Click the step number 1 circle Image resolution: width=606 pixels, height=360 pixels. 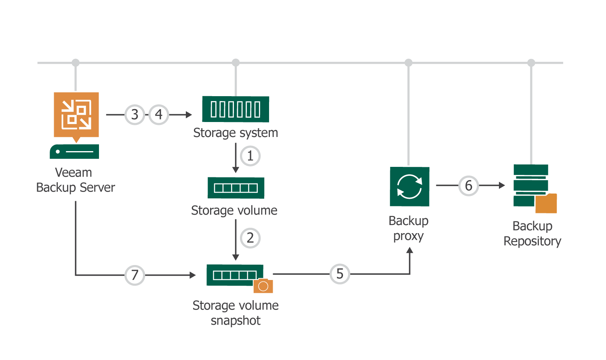250,156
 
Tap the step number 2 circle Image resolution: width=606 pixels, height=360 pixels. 250,238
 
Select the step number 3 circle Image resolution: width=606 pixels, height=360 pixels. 135,115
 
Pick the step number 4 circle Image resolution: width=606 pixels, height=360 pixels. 159,115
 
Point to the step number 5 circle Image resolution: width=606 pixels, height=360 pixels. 340,274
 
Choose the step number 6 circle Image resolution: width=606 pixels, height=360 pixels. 468,185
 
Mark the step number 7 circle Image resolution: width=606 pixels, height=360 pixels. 135,275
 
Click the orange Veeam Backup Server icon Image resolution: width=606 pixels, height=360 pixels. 76,115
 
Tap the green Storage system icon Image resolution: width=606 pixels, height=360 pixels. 236,109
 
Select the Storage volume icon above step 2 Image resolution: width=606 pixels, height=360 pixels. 236,188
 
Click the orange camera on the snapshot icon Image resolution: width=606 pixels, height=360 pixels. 263,286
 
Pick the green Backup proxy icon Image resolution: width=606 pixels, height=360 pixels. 409,187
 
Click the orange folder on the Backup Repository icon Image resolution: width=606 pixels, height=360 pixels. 546,204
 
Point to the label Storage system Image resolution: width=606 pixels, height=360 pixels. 236,133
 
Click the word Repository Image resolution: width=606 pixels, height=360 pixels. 532,242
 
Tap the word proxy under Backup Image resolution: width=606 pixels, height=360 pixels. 408,236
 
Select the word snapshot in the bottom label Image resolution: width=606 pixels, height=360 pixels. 236,321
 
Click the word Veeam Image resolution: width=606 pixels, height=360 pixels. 74,173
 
